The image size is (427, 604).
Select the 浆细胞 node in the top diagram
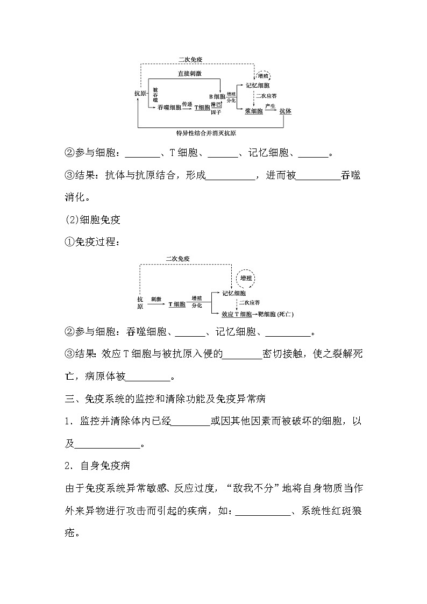pos(253,111)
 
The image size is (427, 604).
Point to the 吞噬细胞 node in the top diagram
pos(169,108)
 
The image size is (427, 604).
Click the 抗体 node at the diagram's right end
pos(285,111)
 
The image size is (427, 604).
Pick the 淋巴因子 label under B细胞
pos(216,108)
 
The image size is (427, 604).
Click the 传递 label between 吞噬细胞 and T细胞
pos(187,104)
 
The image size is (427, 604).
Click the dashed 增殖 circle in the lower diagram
pos(246,279)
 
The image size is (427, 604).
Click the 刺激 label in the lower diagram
pos(156,297)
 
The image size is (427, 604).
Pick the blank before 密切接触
pos(243,354)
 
